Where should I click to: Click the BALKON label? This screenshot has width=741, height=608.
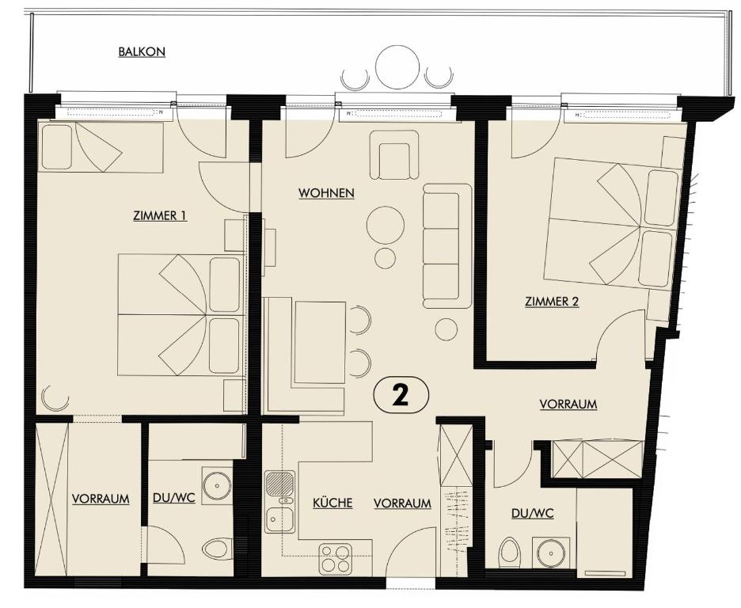click(x=142, y=52)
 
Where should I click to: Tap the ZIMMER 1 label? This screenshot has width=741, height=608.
click(x=160, y=215)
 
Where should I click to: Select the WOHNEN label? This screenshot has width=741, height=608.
click(x=325, y=193)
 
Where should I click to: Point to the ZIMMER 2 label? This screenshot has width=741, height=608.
click(x=552, y=302)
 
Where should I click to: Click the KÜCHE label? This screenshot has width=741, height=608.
click(x=332, y=503)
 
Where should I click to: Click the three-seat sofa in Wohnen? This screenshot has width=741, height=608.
click(x=446, y=245)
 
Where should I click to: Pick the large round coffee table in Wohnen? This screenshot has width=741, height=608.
click(x=386, y=225)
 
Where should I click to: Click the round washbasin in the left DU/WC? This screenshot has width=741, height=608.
click(x=215, y=486)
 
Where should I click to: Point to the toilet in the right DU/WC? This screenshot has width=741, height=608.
click(x=511, y=552)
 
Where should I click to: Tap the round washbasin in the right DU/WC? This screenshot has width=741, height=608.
click(x=548, y=553)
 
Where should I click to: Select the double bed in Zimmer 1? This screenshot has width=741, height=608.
click(x=180, y=314)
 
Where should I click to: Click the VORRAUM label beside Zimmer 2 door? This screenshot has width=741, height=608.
click(x=568, y=404)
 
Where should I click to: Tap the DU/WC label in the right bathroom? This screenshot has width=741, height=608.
click(x=532, y=514)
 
